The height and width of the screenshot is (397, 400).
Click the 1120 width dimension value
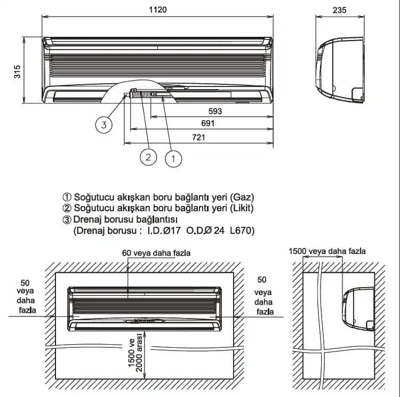pyautogui.click(x=158, y=10)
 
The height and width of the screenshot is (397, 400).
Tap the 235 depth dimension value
pyautogui.click(x=339, y=10)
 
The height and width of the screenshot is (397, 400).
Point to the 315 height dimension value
pyautogui.click(x=17, y=72)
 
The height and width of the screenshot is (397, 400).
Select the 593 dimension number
pyautogui.click(x=215, y=112)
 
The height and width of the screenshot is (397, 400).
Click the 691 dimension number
pyautogui.click(x=208, y=124)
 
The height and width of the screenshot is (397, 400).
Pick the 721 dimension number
pyautogui.click(x=198, y=138)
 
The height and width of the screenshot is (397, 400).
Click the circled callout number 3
pyautogui.click(x=104, y=125)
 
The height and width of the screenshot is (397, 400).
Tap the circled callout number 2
pyautogui.click(x=148, y=157)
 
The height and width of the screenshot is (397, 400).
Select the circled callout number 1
pyautogui.click(x=173, y=159)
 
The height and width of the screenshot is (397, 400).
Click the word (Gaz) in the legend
pyautogui.click(x=242, y=197)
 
